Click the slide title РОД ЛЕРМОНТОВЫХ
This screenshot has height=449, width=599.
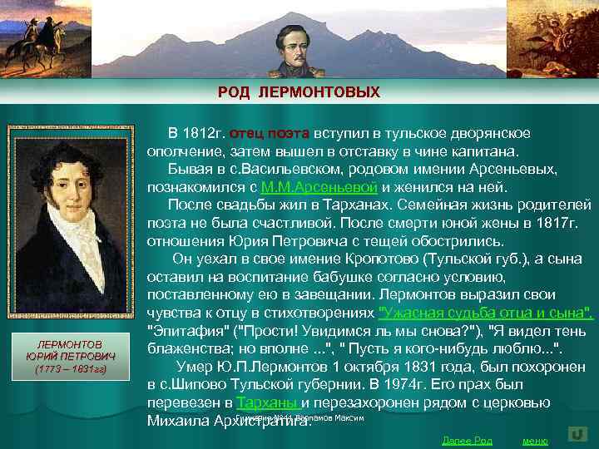[x=299, y=91]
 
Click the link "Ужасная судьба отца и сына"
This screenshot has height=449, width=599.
[x=486, y=313]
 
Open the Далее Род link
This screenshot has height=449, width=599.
[x=467, y=440]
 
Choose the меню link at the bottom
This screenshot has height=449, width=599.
[x=534, y=440]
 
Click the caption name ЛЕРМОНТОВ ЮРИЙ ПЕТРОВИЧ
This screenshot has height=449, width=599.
[x=70, y=350]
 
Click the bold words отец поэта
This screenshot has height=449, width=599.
[x=270, y=133]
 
